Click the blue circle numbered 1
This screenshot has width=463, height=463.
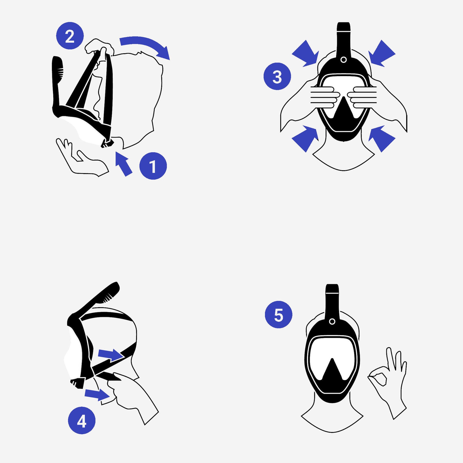point(153,166)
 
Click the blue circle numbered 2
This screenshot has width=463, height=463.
point(70,36)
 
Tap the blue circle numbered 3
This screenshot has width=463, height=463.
point(277,76)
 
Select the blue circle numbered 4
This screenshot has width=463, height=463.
point(82,421)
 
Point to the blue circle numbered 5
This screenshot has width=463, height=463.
point(279,315)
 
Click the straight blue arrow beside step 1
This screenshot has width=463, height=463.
point(123,164)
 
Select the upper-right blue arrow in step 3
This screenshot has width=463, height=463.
point(381,54)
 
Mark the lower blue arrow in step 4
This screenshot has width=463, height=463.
point(97,394)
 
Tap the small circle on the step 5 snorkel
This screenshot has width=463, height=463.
point(332,322)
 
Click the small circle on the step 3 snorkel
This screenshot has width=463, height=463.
point(343,60)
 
